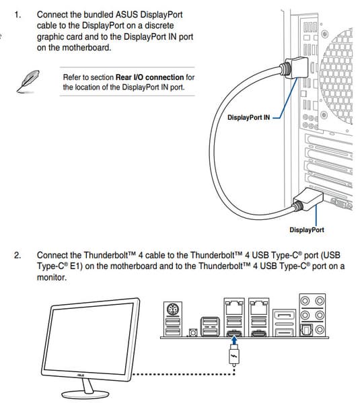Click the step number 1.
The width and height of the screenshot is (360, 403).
(17, 15)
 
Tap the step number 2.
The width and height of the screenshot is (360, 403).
(17, 256)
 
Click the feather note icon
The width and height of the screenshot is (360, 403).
(28, 81)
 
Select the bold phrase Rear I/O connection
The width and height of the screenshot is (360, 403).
(149, 77)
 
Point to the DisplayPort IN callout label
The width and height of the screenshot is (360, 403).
(249, 118)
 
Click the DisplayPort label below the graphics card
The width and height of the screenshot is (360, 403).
(307, 230)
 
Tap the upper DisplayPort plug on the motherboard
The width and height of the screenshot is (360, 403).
(295, 67)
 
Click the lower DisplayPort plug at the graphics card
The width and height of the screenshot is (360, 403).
(308, 199)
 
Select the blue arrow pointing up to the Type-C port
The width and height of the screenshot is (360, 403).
(234, 341)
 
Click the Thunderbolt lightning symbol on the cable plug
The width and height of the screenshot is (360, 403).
(234, 357)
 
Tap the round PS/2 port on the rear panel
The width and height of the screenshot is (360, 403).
(173, 309)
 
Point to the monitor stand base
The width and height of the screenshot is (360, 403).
(85, 394)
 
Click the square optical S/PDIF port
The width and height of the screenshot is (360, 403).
(307, 330)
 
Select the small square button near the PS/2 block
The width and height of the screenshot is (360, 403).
(193, 333)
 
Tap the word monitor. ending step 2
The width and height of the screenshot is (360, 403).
(52, 278)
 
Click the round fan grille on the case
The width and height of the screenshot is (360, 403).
(337, 77)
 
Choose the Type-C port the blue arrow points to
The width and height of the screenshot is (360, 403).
(234, 333)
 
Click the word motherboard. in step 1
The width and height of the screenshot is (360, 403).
(87, 48)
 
